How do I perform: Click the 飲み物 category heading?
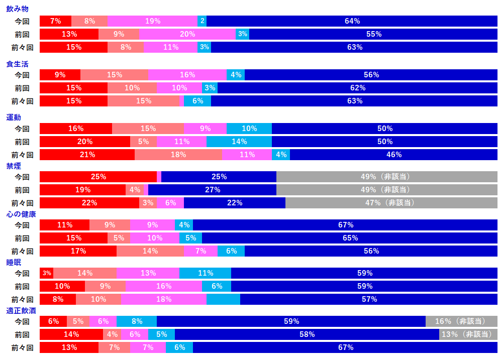click(x=17, y=9)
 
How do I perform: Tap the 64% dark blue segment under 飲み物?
click(x=352, y=21)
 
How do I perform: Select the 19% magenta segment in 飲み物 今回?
click(x=152, y=21)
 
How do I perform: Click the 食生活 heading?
click(x=17, y=64)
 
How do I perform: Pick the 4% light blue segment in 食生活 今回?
click(x=236, y=75)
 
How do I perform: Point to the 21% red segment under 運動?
click(x=87, y=155)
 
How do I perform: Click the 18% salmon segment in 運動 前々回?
click(x=178, y=155)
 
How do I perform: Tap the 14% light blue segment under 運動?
click(x=239, y=142)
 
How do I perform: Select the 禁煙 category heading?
click(x=14, y=166)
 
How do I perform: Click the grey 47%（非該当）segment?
click(x=391, y=203)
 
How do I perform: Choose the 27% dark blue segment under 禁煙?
click(x=212, y=190)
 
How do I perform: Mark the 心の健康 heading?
click(x=21, y=214)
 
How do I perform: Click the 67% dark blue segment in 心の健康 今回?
click(x=345, y=225)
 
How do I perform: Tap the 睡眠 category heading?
click(x=14, y=262)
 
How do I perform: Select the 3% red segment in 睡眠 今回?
click(x=46, y=273)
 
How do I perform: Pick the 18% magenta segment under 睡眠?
click(x=164, y=299)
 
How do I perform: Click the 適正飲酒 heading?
click(x=21, y=310)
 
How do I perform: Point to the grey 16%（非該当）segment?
click(x=461, y=321)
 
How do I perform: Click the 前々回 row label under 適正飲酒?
click(x=22, y=347)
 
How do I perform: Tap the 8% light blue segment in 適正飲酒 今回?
click(x=136, y=321)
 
